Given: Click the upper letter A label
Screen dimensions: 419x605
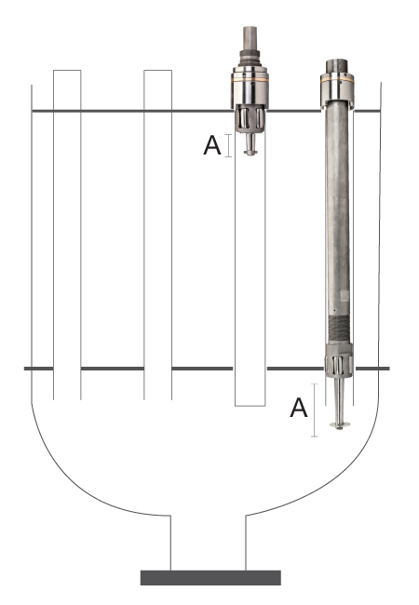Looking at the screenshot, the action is click(x=211, y=145).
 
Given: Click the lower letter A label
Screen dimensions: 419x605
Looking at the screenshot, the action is click(x=299, y=408).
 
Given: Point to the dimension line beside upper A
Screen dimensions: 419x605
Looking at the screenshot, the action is click(x=229, y=145).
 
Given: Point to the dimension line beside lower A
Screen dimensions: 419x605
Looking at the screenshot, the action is click(x=315, y=410).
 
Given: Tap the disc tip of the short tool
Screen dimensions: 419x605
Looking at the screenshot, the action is click(x=250, y=153).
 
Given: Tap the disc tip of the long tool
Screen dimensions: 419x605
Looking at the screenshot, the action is click(x=340, y=425).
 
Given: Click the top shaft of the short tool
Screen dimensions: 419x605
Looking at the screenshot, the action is click(x=250, y=38).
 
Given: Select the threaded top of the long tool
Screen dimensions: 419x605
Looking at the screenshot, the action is click(x=337, y=66).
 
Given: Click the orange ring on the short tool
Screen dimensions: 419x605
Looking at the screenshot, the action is click(x=250, y=80).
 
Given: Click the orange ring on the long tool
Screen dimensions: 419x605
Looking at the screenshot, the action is click(x=337, y=80).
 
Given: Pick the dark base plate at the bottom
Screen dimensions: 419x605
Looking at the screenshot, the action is click(x=210, y=577).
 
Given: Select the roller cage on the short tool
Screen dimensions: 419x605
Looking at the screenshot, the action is click(x=250, y=118).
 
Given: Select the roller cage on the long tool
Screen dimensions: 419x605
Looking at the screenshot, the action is click(x=339, y=364).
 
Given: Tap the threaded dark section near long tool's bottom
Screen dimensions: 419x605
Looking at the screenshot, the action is click(x=339, y=329).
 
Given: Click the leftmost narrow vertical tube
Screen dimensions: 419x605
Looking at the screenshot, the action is click(x=67, y=235).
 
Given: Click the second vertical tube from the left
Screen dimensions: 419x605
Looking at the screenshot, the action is click(x=157, y=235).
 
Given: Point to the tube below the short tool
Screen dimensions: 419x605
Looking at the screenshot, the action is click(x=250, y=277).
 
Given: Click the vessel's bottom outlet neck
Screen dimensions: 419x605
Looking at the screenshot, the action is click(x=209, y=542).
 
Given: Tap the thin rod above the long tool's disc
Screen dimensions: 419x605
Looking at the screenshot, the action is click(x=340, y=399).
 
